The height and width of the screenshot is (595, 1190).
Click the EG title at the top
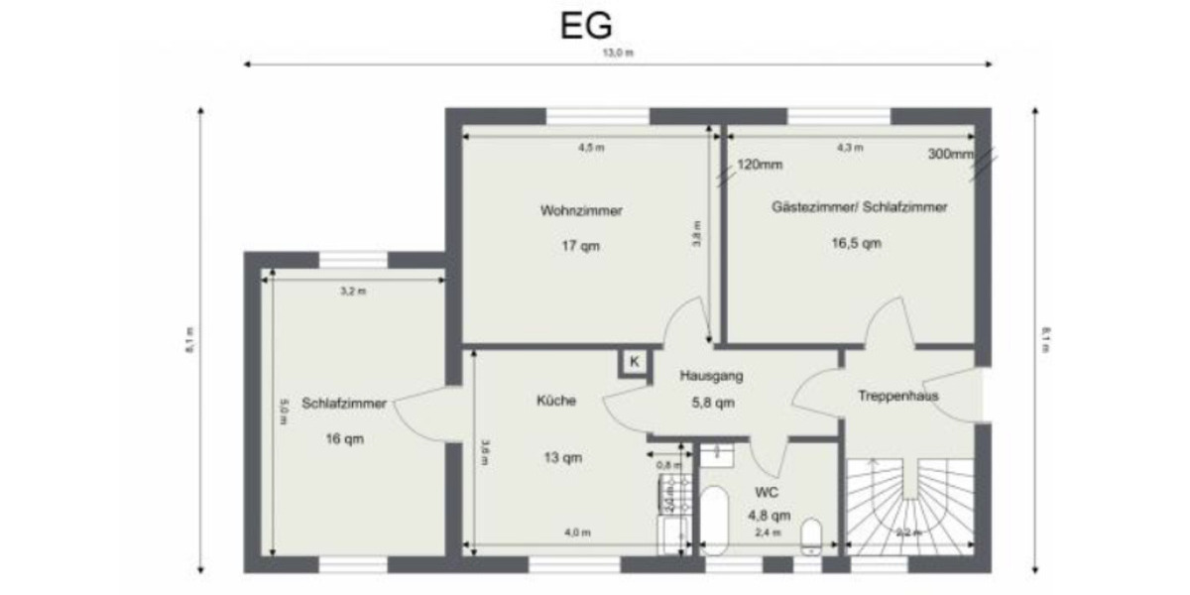pos(586,26)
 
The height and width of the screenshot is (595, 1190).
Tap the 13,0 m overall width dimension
pos(618,54)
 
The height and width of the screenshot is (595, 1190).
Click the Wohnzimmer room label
pos(581,210)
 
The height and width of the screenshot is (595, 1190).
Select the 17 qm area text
pos(581,245)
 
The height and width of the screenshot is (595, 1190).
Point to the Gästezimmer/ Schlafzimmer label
pos(859,208)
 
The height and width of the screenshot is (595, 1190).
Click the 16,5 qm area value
pos(856,242)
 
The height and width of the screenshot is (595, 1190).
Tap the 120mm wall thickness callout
pos(760,165)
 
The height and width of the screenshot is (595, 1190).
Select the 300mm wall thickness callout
pos(950,154)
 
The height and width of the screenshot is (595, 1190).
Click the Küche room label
pos(556,402)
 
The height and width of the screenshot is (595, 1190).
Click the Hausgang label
pos(711,377)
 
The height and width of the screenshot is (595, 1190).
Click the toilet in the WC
pos(810,534)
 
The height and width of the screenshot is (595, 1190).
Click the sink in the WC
pos(715,455)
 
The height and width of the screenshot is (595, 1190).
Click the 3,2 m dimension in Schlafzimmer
pos(353,292)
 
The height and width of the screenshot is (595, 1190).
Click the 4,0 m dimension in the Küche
pos(577,533)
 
